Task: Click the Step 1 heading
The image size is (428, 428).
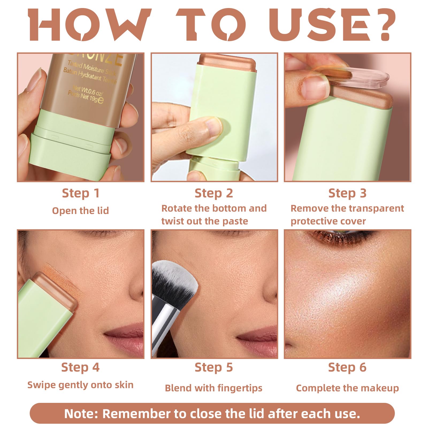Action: (81, 193)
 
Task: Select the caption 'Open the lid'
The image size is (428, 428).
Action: (81, 211)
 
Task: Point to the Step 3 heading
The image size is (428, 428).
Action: (347, 193)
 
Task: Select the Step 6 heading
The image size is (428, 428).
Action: (347, 368)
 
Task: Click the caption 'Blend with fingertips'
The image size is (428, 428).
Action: (213, 388)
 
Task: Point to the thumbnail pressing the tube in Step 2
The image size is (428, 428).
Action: (213, 126)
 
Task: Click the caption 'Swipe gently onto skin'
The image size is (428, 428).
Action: (81, 385)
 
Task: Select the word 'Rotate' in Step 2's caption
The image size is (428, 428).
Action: (176, 208)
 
